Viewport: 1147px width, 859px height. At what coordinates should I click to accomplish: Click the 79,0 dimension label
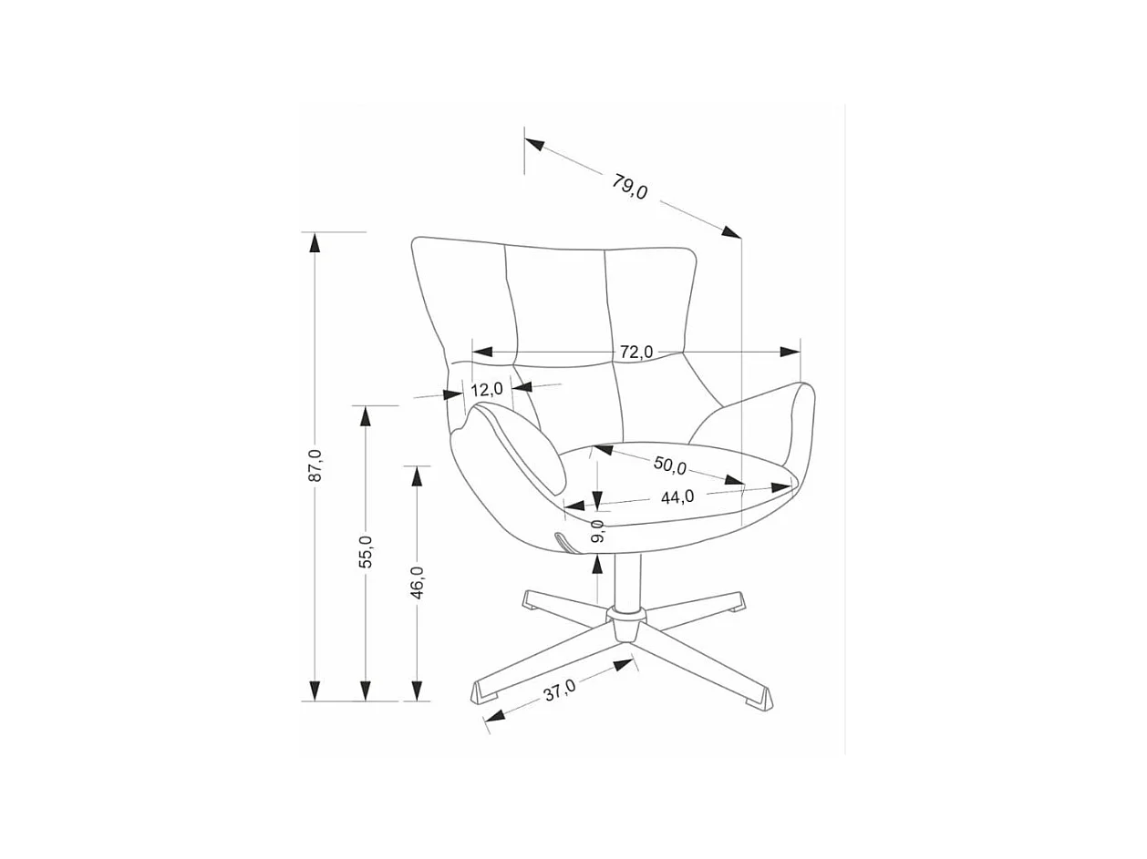pyautogui.click(x=630, y=187)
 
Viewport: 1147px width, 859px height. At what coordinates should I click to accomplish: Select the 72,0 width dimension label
pyautogui.click(x=636, y=352)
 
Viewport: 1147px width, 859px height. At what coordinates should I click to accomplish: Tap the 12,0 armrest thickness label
pyautogui.click(x=487, y=389)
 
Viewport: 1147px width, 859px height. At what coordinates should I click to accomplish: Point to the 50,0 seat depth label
pyautogui.click(x=669, y=465)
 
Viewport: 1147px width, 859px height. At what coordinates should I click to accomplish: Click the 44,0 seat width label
pyautogui.click(x=677, y=496)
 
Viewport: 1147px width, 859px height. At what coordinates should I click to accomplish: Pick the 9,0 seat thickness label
pyautogui.click(x=598, y=530)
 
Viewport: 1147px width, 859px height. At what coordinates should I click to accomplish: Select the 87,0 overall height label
pyautogui.click(x=315, y=465)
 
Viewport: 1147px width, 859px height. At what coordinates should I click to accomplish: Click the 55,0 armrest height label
pyautogui.click(x=366, y=552)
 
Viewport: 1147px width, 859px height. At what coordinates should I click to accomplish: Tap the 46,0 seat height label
pyautogui.click(x=417, y=582)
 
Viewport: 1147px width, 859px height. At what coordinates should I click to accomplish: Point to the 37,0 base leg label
pyautogui.click(x=560, y=690)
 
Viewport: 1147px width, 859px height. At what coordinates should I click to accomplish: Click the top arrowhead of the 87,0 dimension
pyautogui.click(x=315, y=241)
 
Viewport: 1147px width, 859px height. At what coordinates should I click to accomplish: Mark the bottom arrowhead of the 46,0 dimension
pyautogui.click(x=417, y=691)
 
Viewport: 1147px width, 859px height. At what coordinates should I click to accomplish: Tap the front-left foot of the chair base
pyautogui.click(x=485, y=691)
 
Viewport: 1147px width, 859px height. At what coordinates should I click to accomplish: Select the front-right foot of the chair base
pyautogui.click(x=759, y=699)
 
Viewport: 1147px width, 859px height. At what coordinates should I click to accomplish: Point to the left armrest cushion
pyautogui.click(x=518, y=445)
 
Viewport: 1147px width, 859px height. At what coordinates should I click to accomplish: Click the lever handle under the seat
pyautogui.click(x=566, y=541)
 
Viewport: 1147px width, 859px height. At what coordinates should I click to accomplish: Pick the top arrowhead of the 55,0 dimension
pyautogui.click(x=366, y=415)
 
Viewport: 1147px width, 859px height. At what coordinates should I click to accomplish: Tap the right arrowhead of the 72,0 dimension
pyautogui.click(x=790, y=352)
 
